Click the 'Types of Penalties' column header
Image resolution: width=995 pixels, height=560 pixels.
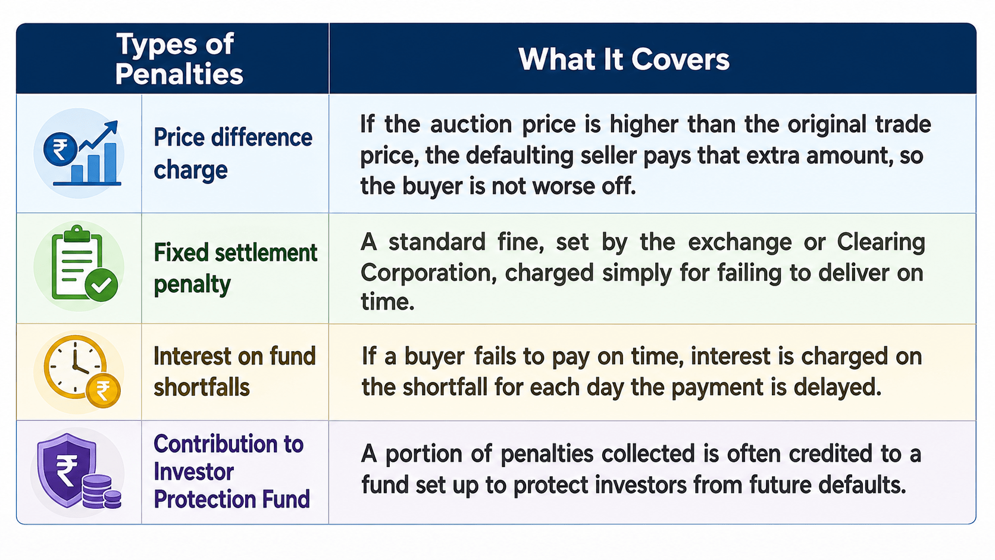(179, 59)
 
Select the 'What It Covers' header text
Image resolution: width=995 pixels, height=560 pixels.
(624, 59)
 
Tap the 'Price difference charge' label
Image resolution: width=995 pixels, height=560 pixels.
(233, 154)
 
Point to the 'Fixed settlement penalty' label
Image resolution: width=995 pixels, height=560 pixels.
(236, 268)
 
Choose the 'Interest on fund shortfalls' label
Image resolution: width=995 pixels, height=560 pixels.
(234, 372)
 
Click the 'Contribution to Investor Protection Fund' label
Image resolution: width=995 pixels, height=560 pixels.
(231, 471)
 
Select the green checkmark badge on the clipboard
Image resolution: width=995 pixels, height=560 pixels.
(101, 284)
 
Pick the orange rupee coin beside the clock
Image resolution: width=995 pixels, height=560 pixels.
(103, 391)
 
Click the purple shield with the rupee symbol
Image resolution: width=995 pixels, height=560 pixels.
(67, 470)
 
